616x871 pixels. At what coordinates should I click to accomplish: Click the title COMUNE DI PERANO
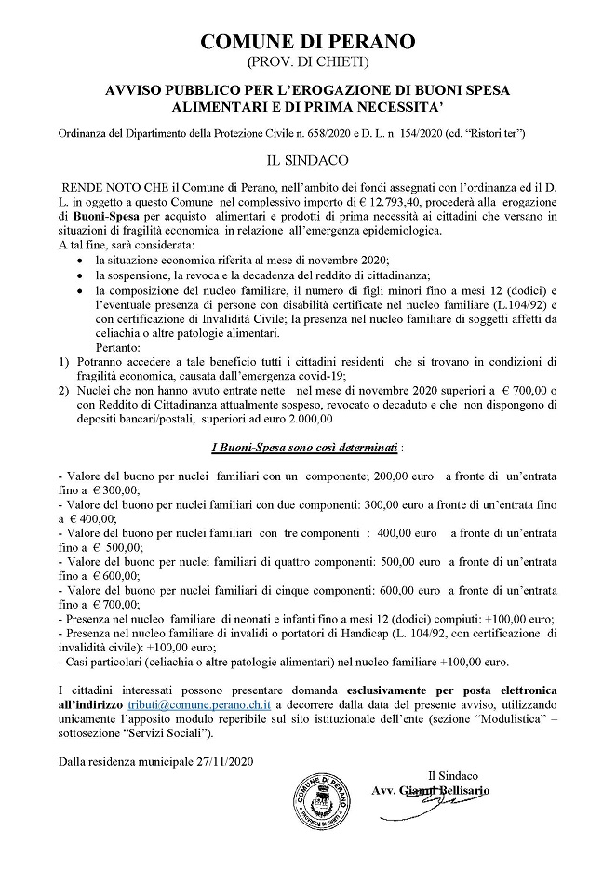308,41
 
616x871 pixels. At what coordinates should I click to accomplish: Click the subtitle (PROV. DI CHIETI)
308,62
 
